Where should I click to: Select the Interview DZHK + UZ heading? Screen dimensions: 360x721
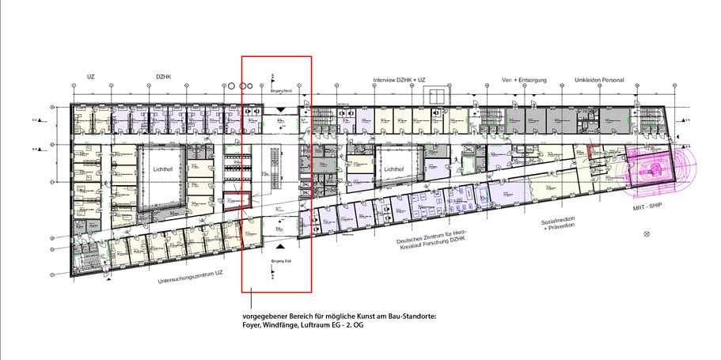(x=400, y=81)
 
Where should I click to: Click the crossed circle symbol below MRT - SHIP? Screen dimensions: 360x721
(x=647, y=234)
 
